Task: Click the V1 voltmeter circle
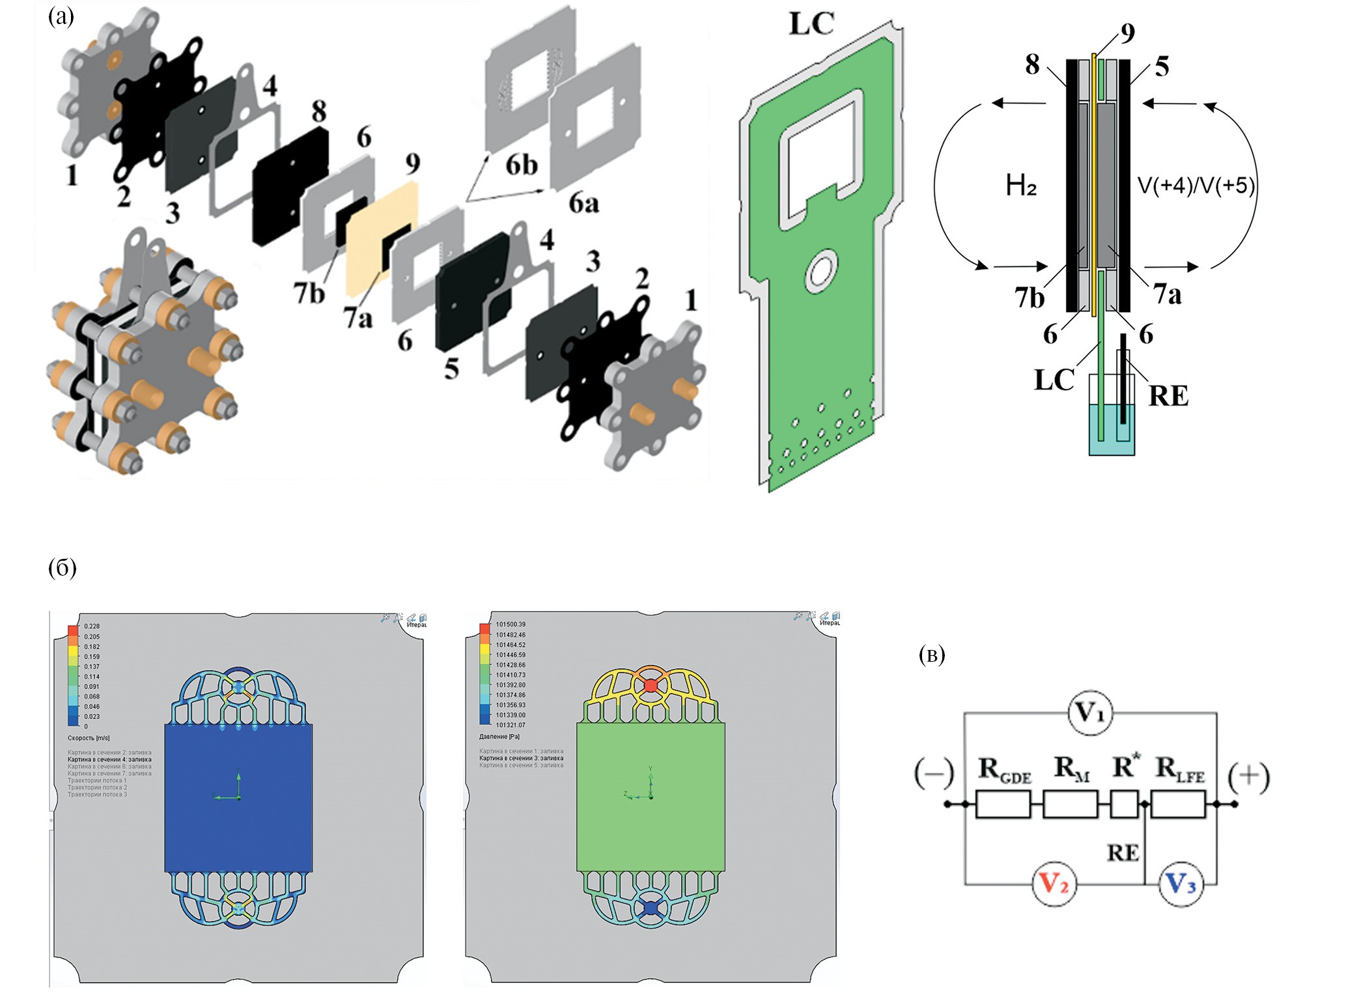click(1089, 713)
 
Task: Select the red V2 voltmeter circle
click(1054, 884)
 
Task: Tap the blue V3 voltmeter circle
click(1181, 884)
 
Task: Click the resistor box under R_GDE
click(1003, 804)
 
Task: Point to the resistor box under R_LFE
click(1179, 804)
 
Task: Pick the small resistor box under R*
click(1124, 804)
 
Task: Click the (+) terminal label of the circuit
click(1248, 778)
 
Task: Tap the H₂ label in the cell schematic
click(1020, 187)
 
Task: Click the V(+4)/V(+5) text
click(1196, 186)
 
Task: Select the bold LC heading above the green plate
click(811, 24)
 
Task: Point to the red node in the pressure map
click(651, 685)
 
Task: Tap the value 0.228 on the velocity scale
click(92, 627)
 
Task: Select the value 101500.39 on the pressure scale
click(511, 625)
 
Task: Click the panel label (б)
click(63, 568)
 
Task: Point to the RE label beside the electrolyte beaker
click(1168, 396)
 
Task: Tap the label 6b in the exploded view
click(522, 165)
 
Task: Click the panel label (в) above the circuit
click(931, 655)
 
